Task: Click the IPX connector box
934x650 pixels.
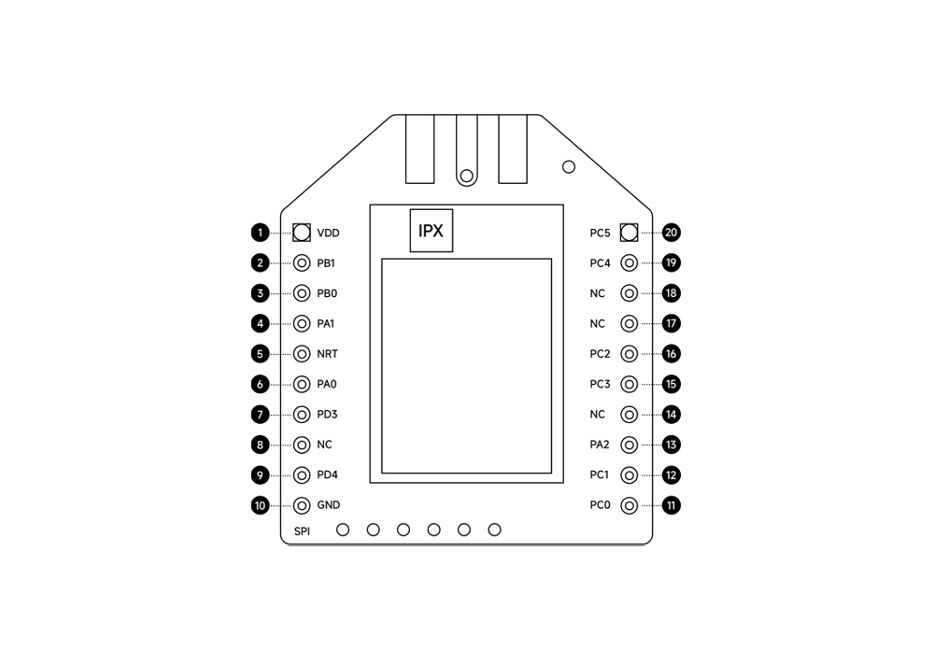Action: pyautogui.click(x=432, y=231)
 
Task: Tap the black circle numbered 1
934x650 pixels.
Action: pyautogui.click(x=260, y=233)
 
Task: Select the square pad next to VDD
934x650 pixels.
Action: pyautogui.click(x=302, y=233)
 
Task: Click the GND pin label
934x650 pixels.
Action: pyautogui.click(x=328, y=505)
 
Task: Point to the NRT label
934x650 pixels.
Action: pyautogui.click(x=327, y=354)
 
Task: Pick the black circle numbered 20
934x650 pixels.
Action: pyautogui.click(x=672, y=233)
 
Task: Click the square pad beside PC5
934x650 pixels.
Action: pyautogui.click(x=629, y=233)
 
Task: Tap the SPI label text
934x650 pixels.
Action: pyautogui.click(x=302, y=530)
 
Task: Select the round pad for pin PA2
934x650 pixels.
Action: pyautogui.click(x=629, y=445)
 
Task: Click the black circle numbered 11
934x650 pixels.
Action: pyautogui.click(x=672, y=505)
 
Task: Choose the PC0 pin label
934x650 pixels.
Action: pyautogui.click(x=600, y=505)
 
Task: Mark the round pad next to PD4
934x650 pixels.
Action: pyautogui.click(x=302, y=474)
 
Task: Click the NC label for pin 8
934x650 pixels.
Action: pyautogui.click(x=325, y=445)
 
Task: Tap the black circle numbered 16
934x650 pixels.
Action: pyautogui.click(x=672, y=354)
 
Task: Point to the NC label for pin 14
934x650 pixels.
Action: pyautogui.click(x=598, y=414)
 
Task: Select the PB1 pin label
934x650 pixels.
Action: pyautogui.click(x=326, y=262)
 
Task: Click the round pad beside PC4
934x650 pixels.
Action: pyautogui.click(x=629, y=262)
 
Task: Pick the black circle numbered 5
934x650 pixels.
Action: pyautogui.click(x=260, y=354)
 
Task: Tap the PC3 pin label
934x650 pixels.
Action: pyautogui.click(x=600, y=384)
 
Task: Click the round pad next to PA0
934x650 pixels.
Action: pyautogui.click(x=302, y=384)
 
